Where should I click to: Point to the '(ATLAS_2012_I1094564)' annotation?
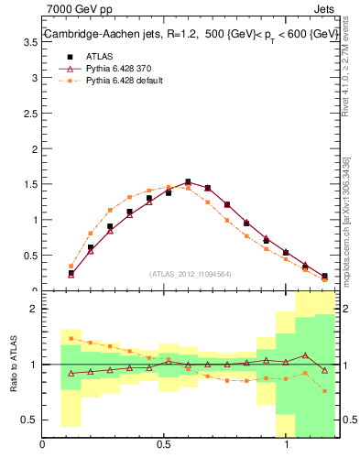[191, 274]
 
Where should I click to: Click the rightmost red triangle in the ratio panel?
[324, 370]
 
